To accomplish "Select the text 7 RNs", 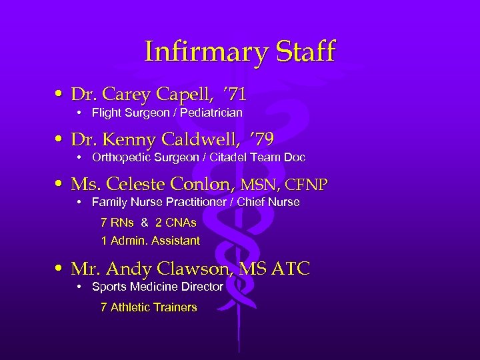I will coord(117,222).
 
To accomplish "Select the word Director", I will coord(199,287).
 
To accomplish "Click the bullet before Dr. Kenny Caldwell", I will coord(61,139).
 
